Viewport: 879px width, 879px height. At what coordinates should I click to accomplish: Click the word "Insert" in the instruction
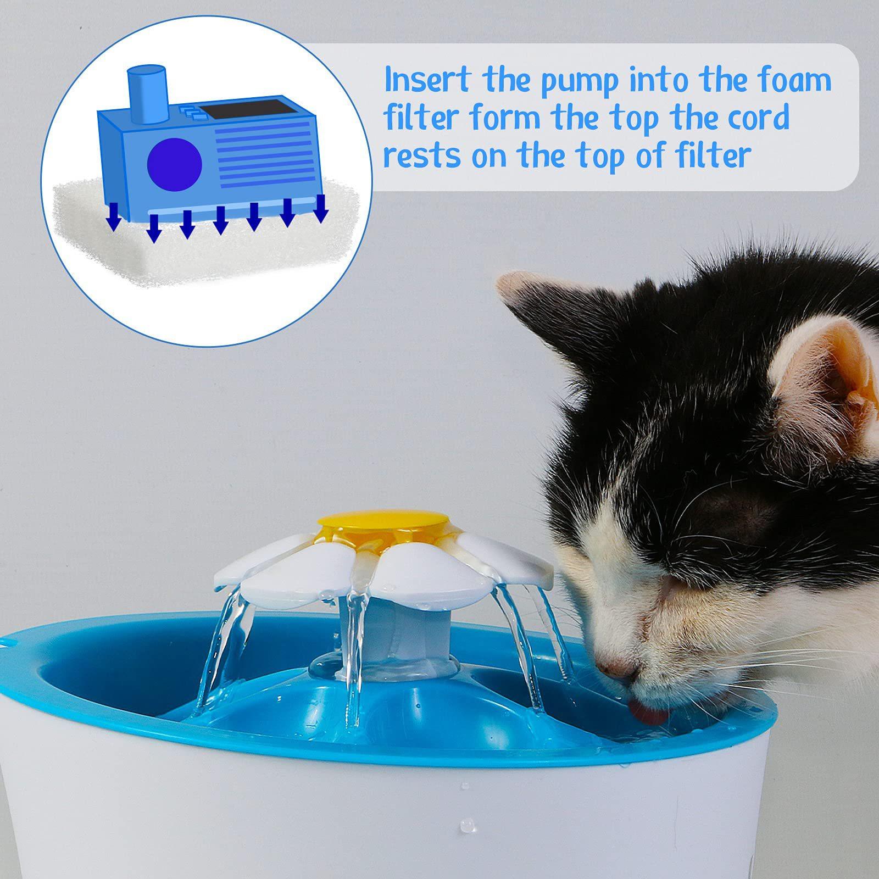tap(427, 80)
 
